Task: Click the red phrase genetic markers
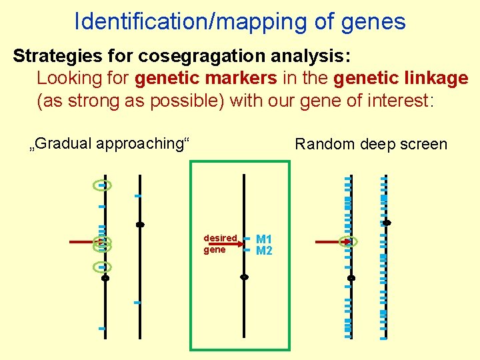[x=205, y=78]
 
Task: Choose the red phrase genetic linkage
[x=401, y=78]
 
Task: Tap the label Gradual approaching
[x=111, y=143]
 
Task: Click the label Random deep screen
[x=371, y=144]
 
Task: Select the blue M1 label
[x=264, y=239]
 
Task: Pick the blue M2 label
[x=264, y=251]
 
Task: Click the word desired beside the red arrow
[x=220, y=238]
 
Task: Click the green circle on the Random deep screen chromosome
[x=349, y=242]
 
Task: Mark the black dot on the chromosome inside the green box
[x=245, y=277]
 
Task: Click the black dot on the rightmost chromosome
[x=387, y=223]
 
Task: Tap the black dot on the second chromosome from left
[x=140, y=225]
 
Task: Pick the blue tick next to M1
[x=247, y=239]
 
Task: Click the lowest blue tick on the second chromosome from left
[x=137, y=303]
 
